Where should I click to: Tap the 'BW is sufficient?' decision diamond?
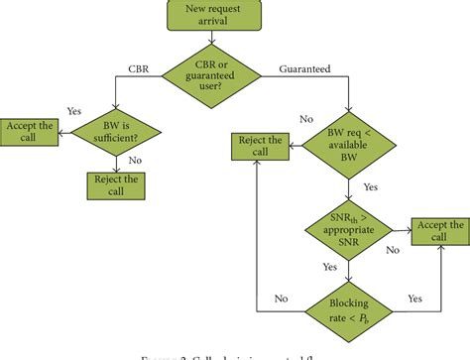115,129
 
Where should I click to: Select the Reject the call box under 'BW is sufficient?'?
115,184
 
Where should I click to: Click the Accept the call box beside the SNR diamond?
437,233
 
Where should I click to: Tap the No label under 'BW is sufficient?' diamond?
133,159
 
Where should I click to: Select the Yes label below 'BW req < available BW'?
369,185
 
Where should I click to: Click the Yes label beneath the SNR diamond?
327,266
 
